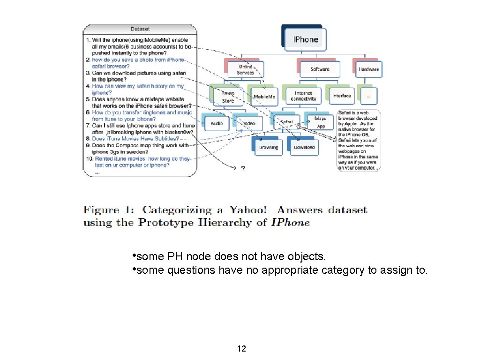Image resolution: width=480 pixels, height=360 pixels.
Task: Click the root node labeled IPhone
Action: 305,39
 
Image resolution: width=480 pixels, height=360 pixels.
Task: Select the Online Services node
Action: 246,69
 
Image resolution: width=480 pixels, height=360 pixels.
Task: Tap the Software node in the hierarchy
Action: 320,69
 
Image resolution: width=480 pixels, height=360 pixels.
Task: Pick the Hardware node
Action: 368,69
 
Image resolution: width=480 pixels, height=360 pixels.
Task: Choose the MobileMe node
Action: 264,97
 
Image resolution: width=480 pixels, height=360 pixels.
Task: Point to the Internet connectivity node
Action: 303,96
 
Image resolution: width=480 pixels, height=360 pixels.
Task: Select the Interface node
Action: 341,96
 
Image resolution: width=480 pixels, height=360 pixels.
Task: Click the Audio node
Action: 217,123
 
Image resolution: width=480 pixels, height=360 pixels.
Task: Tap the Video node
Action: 249,123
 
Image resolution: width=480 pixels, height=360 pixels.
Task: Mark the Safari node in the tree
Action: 286,122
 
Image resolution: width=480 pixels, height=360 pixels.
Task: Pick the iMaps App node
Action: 321,122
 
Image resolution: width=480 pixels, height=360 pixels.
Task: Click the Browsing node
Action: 268,147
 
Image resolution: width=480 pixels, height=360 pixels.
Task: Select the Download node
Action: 304,147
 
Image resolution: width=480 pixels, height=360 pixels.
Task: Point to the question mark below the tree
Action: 242,168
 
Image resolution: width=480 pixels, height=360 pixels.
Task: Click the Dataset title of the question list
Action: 140,29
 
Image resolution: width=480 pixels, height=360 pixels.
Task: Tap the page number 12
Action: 242,349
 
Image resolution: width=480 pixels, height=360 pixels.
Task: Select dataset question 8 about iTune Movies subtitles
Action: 135,139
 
